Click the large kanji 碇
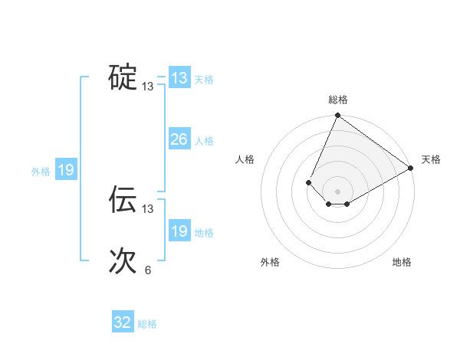(123, 77)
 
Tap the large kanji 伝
(123, 199)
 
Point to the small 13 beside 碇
(147, 87)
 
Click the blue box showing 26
(179, 139)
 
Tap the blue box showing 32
(123, 322)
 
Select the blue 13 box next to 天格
(179, 78)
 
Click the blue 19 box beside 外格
(66, 170)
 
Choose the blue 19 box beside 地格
(179, 231)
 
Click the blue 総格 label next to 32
(147, 324)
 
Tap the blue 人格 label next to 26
(204, 141)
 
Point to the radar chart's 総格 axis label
(337, 100)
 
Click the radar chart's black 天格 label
(431, 159)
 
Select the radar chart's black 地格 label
(402, 262)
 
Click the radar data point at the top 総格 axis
(337, 116)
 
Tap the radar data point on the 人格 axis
(308, 182)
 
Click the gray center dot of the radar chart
(337, 191)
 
